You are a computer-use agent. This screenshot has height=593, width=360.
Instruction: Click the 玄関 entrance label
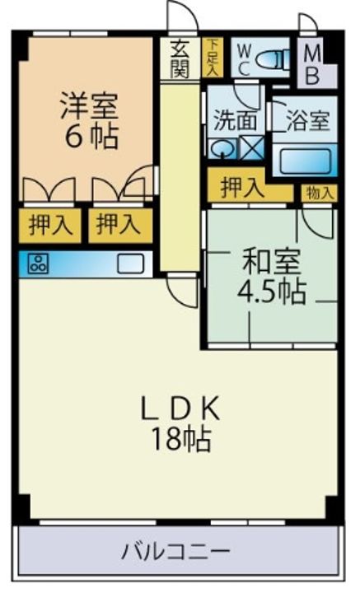[180, 58]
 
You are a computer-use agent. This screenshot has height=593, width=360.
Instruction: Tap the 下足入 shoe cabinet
[213, 57]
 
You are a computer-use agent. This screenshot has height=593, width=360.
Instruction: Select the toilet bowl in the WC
[273, 60]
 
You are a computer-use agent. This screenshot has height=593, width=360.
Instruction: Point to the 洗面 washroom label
[235, 120]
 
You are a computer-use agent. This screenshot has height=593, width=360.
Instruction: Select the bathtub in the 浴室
[305, 160]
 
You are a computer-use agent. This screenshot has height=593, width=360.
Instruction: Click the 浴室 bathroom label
[307, 120]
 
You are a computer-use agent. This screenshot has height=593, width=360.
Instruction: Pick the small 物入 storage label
[320, 194]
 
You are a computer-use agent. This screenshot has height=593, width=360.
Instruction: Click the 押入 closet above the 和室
[242, 188]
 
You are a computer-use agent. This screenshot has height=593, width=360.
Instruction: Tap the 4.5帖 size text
[272, 292]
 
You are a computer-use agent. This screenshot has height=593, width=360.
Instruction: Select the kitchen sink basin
[130, 264]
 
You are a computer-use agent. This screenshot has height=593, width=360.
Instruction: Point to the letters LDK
[180, 409]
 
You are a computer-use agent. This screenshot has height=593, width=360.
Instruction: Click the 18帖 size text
[180, 439]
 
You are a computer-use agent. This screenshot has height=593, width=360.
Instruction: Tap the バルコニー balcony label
[175, 551]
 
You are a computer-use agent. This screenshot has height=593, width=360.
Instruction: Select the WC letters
[244, 59]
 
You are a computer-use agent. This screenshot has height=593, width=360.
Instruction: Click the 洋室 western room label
[90, 105]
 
